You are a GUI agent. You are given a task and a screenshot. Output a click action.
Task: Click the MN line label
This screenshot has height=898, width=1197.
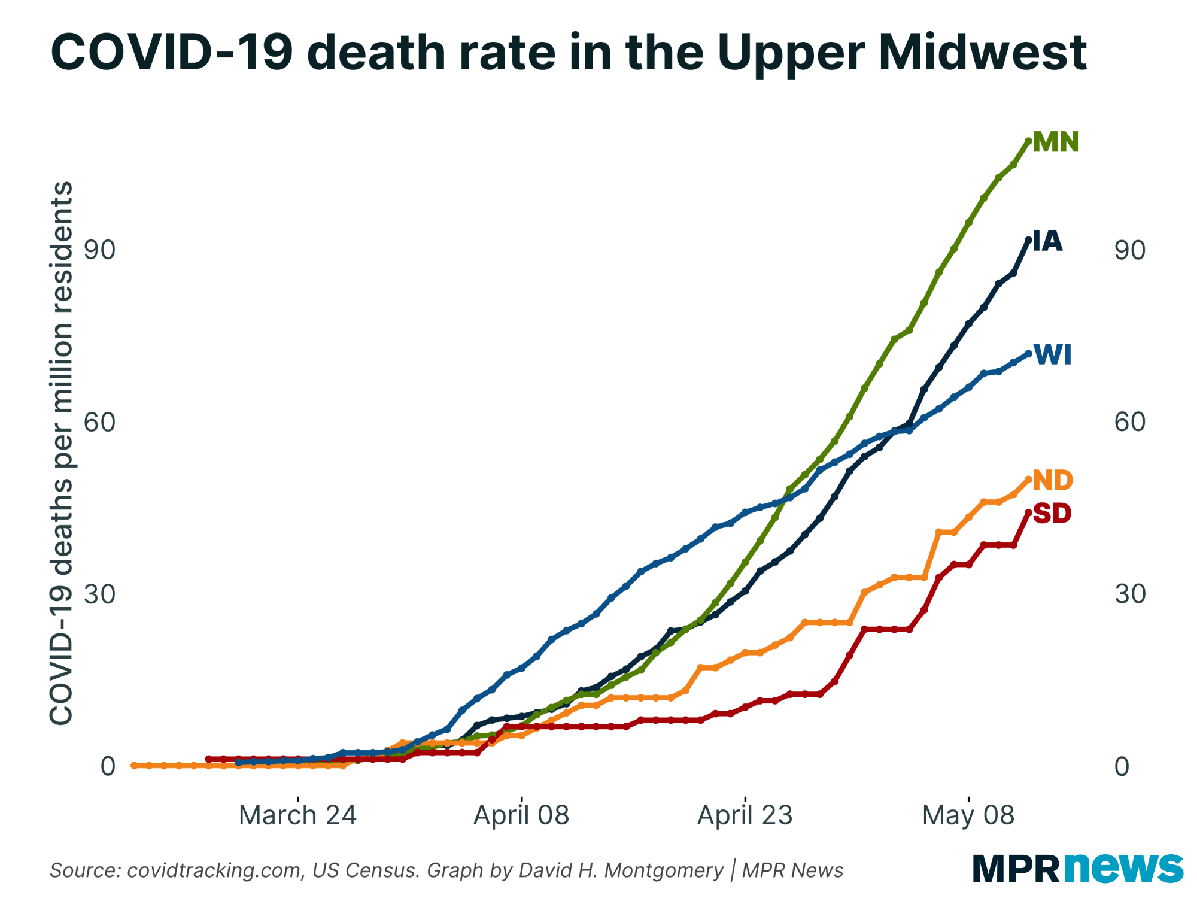[1056, 142]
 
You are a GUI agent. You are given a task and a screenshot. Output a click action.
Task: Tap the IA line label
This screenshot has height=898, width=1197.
[1047, 241]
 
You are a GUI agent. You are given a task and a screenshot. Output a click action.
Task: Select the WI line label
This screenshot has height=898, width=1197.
[1053, 355]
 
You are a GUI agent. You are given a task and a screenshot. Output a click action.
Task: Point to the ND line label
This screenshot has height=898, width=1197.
[1053, 481]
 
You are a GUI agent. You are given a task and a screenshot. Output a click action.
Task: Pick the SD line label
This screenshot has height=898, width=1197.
[1052, 514]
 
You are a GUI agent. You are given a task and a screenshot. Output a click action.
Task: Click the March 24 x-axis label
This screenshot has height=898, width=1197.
[297, 815]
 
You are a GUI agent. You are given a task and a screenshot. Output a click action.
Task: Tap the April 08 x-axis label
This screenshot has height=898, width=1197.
[521, 815]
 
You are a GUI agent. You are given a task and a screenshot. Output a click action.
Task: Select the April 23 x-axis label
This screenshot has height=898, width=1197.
[745, 815]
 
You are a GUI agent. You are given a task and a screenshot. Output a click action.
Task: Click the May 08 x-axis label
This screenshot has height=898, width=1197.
[968, 815]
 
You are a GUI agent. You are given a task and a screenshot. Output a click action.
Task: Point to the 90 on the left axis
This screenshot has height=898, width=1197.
[99, 250]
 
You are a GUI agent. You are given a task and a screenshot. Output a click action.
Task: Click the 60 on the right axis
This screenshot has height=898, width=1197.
[1129, 423]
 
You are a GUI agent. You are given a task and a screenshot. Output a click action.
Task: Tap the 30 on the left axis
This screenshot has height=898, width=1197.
[99, 594]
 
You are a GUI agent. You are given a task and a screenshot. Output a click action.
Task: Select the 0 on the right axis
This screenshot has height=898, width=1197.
[1122, 766]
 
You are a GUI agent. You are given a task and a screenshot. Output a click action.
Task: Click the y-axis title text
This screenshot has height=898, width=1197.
[61, 453]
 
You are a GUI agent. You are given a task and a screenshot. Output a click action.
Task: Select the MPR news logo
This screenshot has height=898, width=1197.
[1077, 868]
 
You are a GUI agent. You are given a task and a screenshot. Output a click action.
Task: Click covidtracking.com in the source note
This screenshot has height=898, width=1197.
[214, 870]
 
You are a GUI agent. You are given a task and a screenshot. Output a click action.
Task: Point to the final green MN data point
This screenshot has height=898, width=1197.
[1028, 141]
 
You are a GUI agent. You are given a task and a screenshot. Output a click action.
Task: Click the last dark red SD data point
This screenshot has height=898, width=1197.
[1028, 512]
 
